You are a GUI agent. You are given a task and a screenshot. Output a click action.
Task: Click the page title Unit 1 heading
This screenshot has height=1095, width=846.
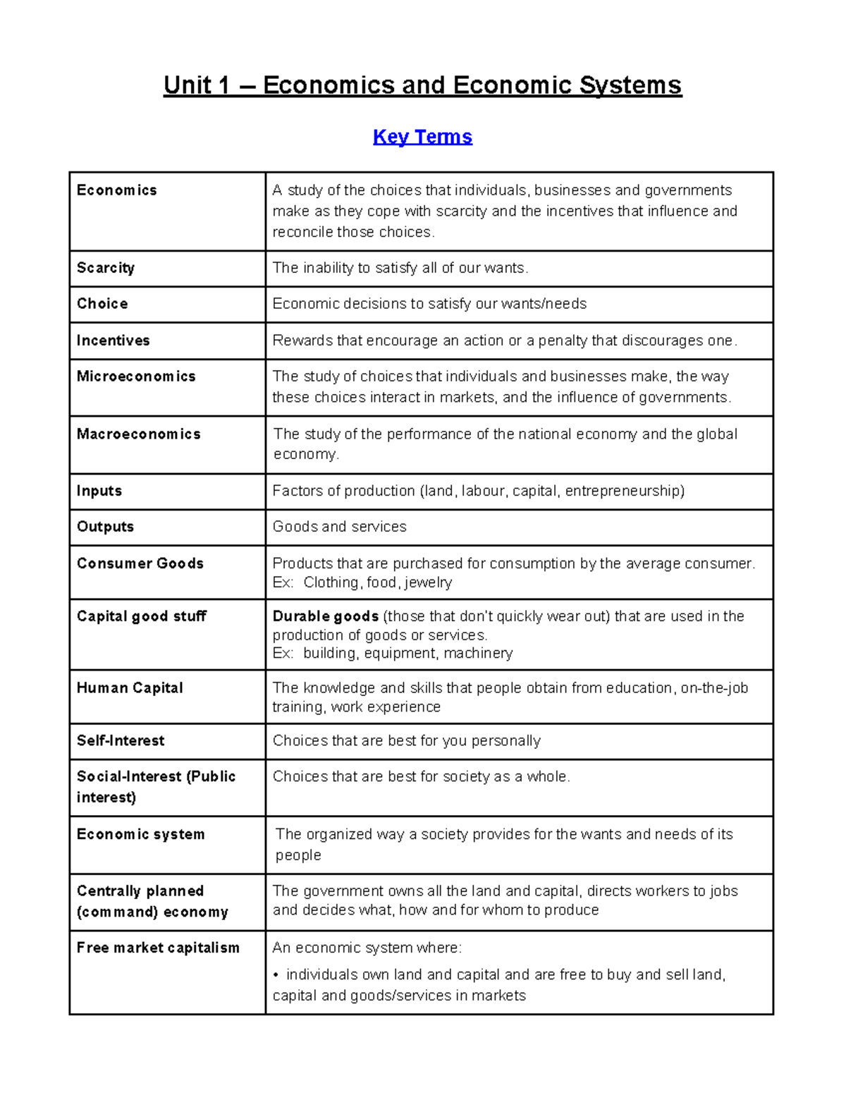(422, 85)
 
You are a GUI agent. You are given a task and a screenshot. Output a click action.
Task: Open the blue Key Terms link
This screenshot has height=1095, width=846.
(422, 136)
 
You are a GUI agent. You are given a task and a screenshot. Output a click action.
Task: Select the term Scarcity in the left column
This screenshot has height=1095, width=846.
(106, 268)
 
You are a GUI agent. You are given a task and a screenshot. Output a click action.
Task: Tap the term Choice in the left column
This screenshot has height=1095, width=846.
(102, 304)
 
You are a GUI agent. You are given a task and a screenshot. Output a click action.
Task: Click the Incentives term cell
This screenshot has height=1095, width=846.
(114, 341)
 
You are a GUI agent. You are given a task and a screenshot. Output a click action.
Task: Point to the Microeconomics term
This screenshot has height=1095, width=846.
(136, 377)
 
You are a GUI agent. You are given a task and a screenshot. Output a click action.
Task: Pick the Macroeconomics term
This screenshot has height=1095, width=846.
(139, 434)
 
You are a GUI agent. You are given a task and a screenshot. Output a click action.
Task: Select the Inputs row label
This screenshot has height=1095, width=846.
(99, 491)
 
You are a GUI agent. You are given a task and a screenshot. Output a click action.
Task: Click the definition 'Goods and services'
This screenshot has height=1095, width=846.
(339, 527)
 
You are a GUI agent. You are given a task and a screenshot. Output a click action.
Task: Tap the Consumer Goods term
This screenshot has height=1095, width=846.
(140, 563)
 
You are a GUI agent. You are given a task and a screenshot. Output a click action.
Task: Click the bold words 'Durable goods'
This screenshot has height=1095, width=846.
(326, 616)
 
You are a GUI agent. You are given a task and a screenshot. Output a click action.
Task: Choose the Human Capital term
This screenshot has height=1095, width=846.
(130, 688)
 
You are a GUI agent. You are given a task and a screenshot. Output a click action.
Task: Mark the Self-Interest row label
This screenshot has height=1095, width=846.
(121, 741)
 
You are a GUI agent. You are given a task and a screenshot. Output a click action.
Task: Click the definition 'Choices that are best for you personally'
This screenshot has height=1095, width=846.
(406, 741)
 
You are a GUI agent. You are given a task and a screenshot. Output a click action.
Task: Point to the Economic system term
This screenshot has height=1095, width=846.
(141, 834)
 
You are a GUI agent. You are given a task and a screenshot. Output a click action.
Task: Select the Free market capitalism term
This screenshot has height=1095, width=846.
(158, 948)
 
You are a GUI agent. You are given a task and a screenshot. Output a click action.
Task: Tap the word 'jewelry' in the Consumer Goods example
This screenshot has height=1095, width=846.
(428, 582)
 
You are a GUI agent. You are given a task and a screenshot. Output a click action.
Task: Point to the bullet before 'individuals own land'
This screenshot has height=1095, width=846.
(276, 975)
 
